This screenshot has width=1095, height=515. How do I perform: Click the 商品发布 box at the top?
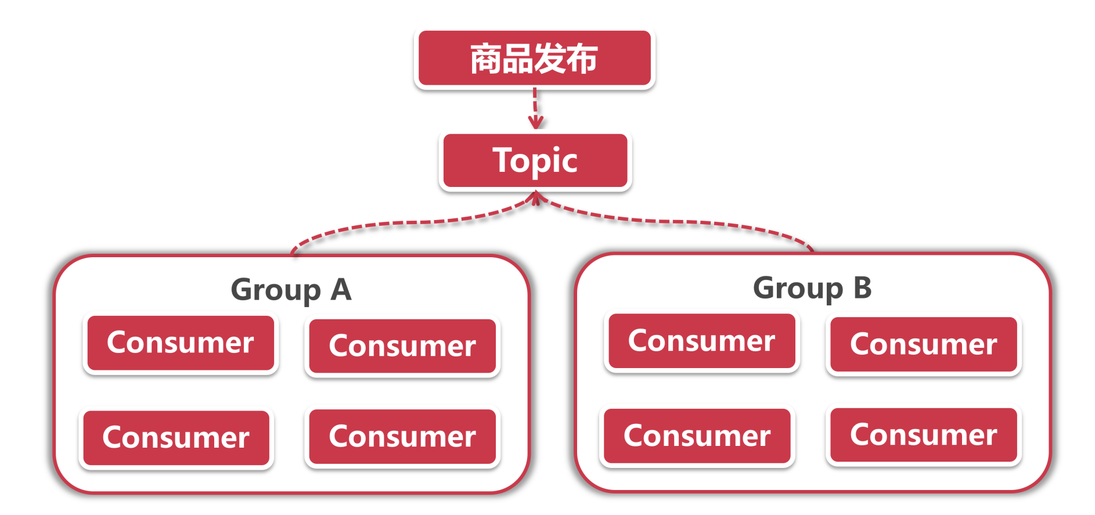[534, 58]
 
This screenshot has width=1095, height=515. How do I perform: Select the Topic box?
[535, 160]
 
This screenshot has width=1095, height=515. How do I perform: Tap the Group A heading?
[291, 289]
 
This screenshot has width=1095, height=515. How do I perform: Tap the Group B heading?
[812, 287]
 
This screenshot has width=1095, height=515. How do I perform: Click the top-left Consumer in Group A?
[181, 343]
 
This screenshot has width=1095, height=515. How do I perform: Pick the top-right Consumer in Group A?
[402, 346]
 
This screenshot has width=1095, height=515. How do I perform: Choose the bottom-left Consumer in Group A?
[176, 437]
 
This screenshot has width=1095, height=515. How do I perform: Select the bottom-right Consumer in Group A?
[402, 436]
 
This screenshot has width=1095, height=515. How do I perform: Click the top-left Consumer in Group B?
[701, 341]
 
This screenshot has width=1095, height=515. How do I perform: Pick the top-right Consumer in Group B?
[923, 344]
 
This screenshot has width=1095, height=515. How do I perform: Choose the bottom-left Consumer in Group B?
[697, 435]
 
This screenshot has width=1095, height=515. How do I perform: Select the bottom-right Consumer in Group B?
[923, 434]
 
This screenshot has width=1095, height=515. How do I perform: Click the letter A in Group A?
[341, 289]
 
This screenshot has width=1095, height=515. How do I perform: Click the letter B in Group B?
[862, 287]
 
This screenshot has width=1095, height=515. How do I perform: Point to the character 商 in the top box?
[486, 59]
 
